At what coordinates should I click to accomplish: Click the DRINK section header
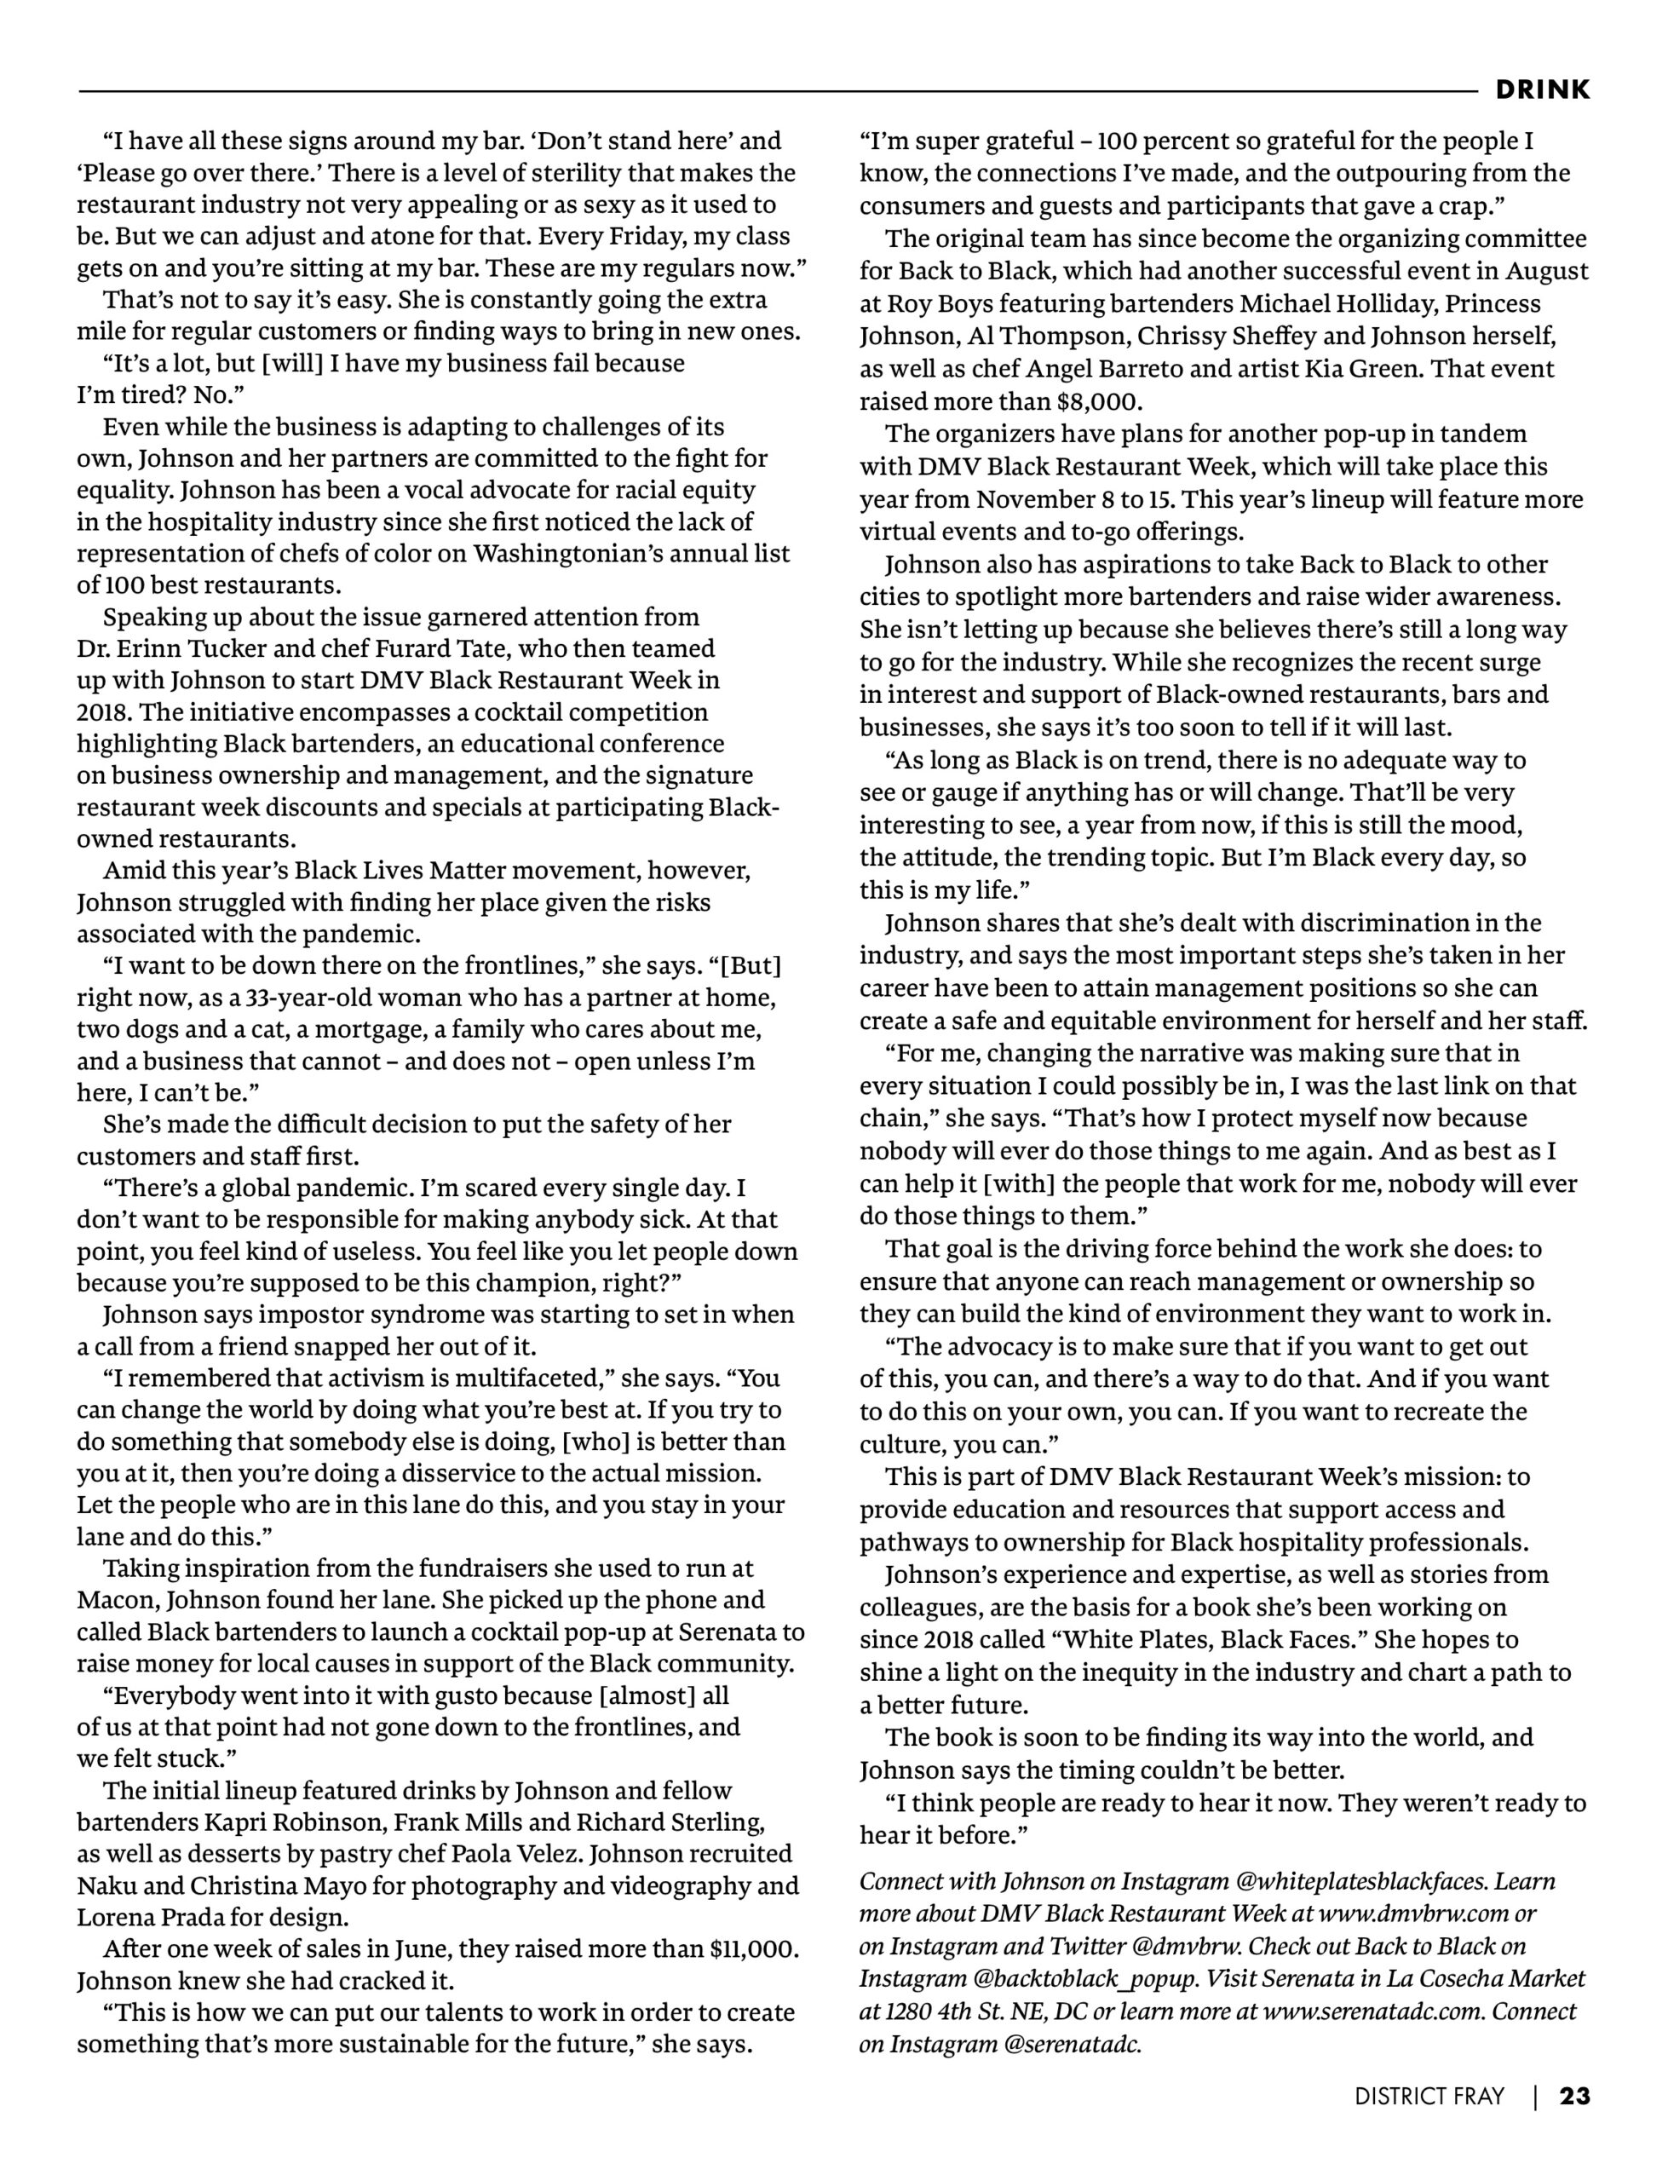point(1542,89)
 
